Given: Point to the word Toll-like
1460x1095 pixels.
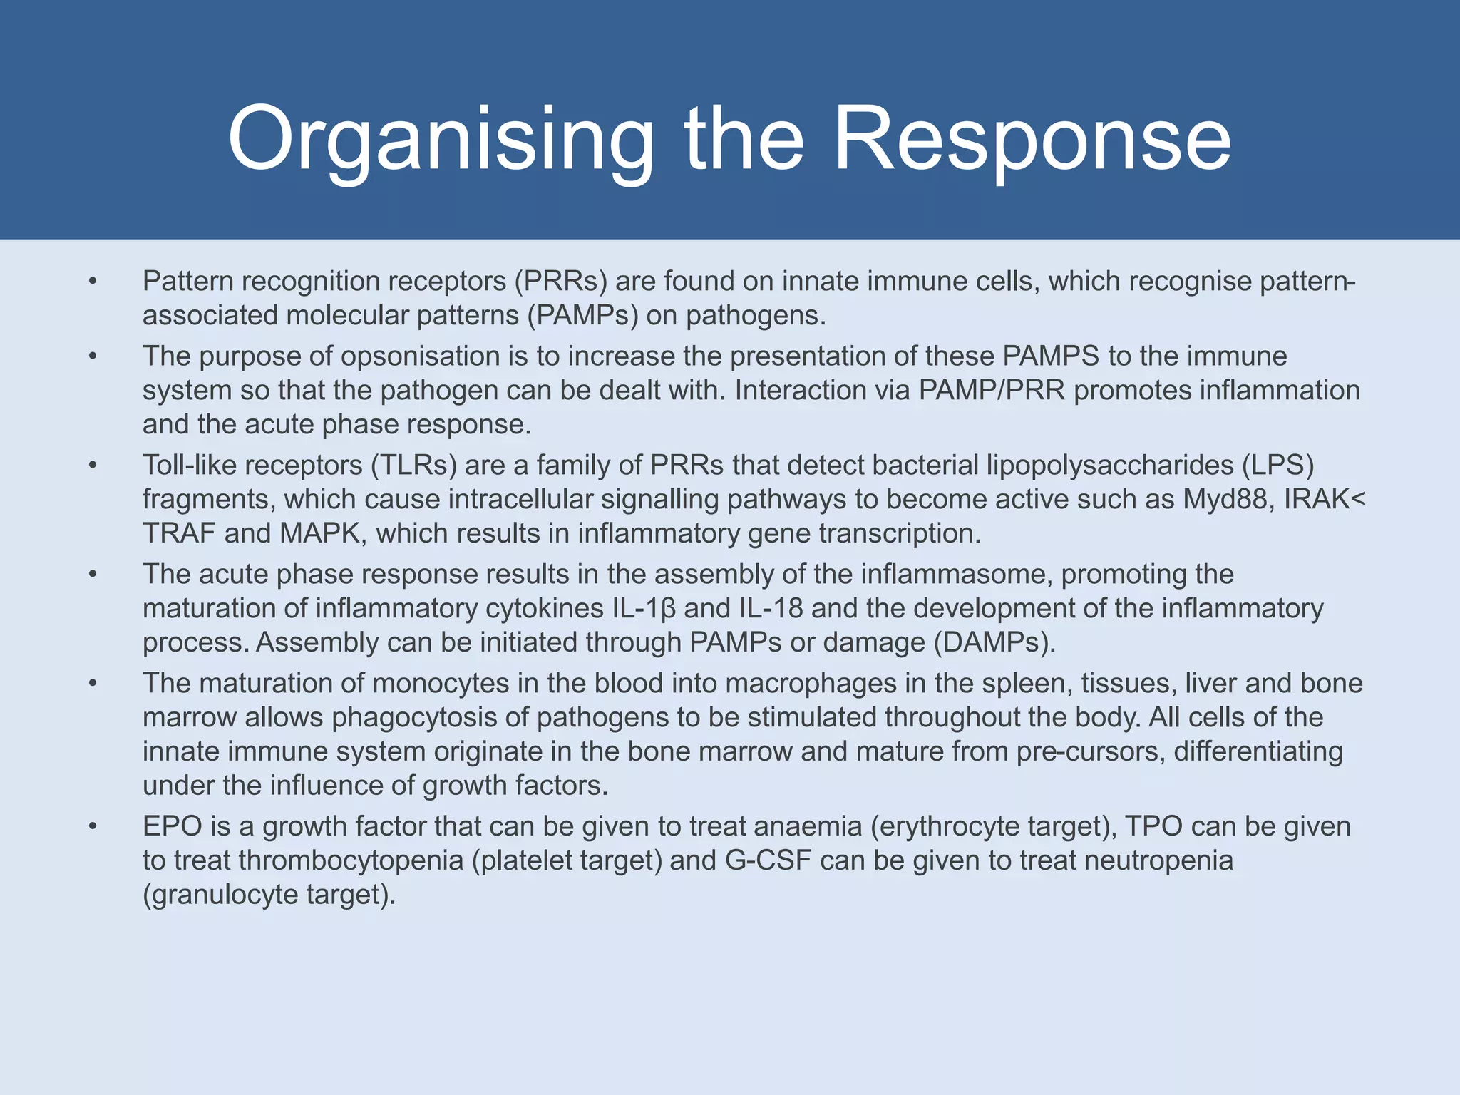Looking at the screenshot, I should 188,466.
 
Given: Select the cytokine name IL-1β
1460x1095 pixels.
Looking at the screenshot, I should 644,609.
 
